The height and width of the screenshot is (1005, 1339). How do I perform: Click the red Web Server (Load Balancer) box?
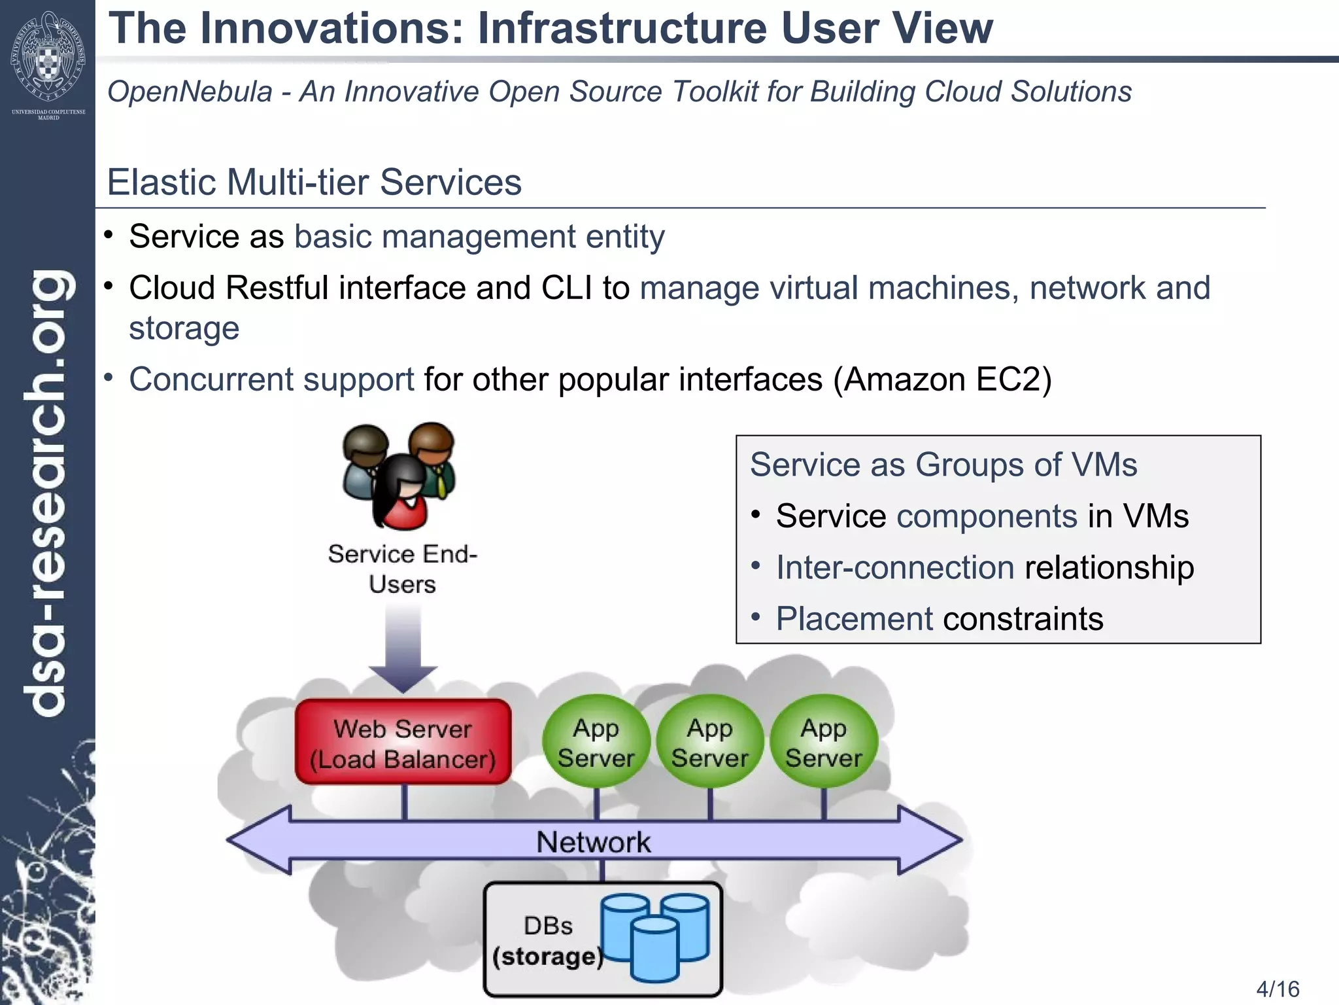(x=403, y=743)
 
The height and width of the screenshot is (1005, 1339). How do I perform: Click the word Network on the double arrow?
(x=594, y=842)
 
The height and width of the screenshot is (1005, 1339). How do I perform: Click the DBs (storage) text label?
(x=548, y=941)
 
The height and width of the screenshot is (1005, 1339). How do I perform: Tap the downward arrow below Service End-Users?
(x=403, y=648)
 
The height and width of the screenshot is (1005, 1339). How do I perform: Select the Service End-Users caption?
(x=403, y=569)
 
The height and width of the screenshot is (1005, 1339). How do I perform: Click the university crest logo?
(x=48, y=59)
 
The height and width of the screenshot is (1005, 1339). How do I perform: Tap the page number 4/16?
(x=1278, y=989)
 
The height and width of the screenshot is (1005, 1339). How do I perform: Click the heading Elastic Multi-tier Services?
(x=314, y=182)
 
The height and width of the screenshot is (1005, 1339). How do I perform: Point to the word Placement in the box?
(x=855, y=619)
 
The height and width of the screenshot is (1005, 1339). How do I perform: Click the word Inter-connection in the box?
(x=895, y=567)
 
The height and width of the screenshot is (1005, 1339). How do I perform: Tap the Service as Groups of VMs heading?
(x=943, y=465)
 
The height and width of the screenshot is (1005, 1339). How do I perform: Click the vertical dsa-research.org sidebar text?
(x=47, y=491)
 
